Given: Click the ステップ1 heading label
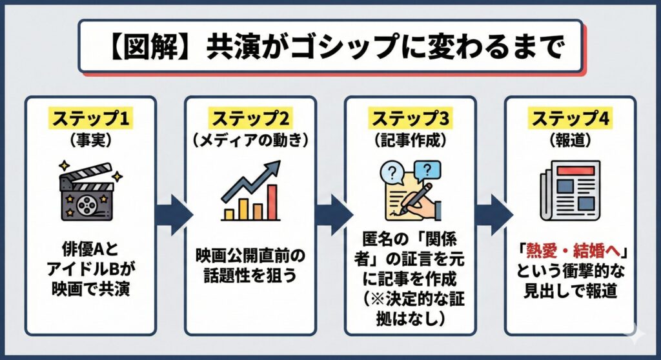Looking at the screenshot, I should (x=91, y=119).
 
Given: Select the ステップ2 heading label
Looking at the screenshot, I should (x=250, y=119).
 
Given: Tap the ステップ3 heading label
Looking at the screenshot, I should (x=410, y=119).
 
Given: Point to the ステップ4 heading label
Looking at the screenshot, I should (x=570, y=119).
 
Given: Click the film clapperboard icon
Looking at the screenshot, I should (x=90, y=190).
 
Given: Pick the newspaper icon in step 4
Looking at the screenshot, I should (x=570, y=188).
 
